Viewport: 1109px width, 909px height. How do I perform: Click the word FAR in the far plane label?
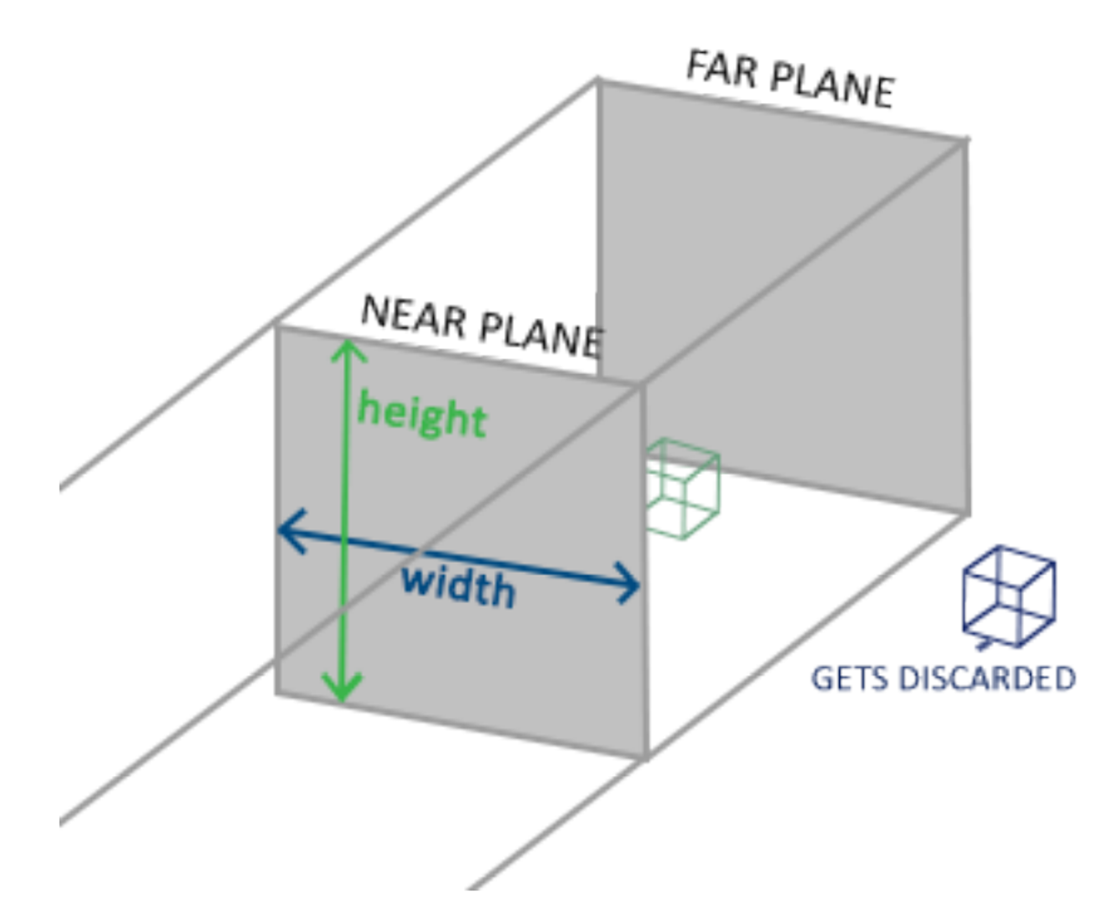coord(721,70)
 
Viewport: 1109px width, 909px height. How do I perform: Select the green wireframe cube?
coord(683,489)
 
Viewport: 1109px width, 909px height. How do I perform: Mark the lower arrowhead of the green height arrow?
coord(343,690)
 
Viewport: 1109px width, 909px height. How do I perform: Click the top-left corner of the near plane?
coord(277,327)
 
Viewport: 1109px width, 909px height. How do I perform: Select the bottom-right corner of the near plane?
coord(647,758)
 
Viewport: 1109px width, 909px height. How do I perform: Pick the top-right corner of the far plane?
coord(965,140)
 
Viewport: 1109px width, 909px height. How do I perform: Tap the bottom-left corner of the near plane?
coord(277,693)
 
